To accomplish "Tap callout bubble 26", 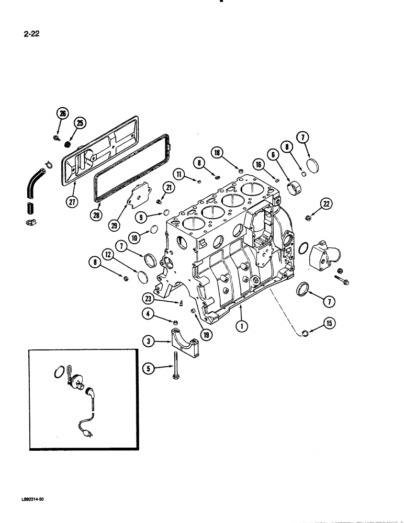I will point(62,113).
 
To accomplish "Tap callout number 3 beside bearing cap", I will point(149,342).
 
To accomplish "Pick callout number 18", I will point(218,153).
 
